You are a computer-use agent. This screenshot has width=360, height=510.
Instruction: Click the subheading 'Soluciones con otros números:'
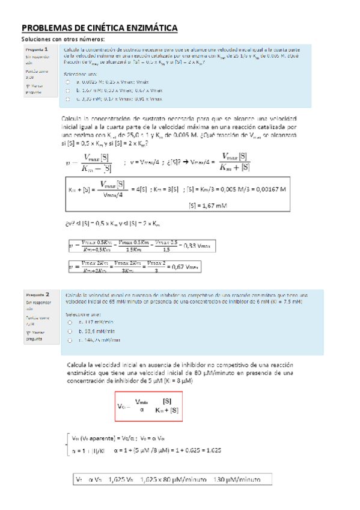tap(63, 40)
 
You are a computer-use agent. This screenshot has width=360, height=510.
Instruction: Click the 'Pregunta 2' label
tap(37, 294)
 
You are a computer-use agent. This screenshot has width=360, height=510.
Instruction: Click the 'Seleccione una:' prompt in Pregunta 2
tap(84, 314)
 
